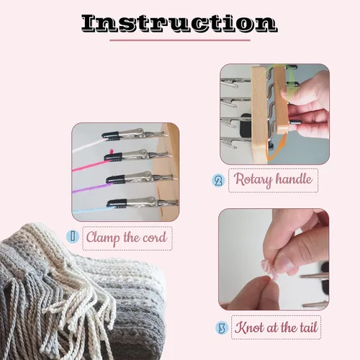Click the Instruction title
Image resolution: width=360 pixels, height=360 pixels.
pos(179,23)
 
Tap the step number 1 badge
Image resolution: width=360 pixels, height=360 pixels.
pos(73,236)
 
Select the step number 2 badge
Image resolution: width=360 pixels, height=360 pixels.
pos(218,181)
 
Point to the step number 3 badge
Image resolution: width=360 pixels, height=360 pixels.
pos(222,328)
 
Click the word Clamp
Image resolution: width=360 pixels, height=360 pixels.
pos(103,238)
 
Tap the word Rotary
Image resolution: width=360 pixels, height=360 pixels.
pos(253,179)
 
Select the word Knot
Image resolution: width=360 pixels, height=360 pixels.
pos(250,327)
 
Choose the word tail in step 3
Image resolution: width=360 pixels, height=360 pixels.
pos(309,327)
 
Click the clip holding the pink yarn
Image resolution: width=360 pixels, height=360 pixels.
pos(138,156)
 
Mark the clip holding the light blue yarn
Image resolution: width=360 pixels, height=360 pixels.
pos(143,202)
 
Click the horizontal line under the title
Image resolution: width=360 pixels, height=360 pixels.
pos(180,40)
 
